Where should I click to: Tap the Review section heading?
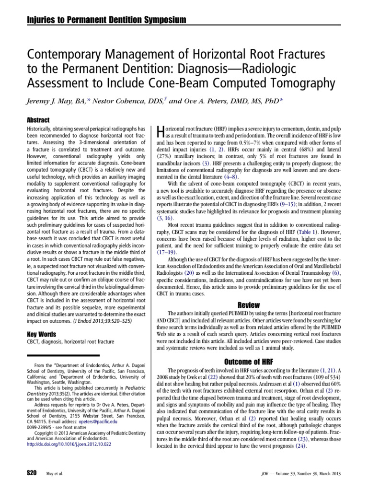(x=248, y=305)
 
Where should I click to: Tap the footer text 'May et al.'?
(x=53, y=473)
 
